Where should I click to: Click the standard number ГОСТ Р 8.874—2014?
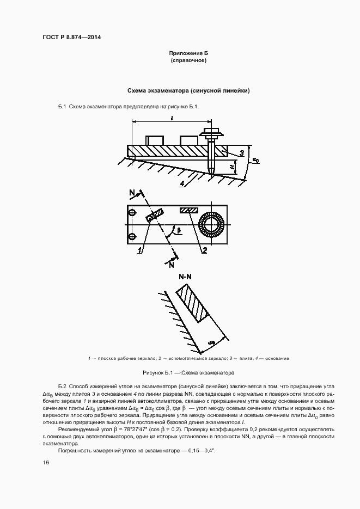point(72,38)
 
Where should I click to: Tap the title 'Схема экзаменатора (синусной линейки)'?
point(188,90)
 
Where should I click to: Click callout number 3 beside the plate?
point(241,154)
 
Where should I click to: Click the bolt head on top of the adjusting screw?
point(212,132)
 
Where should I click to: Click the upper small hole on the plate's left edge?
point(132,211)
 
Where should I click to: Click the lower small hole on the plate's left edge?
point(132,236)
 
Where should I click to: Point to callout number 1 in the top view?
point(141,250)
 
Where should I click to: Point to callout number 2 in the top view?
point(204,250)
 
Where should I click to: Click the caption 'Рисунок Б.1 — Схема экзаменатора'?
point(188,373)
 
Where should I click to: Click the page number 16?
point(46,462)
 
